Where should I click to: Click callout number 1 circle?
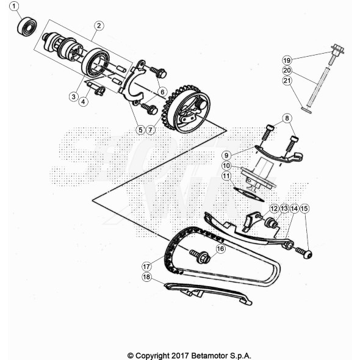pyautogui.click(x=14, y=7)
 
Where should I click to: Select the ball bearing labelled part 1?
pyautogui.click(x=27, y=27)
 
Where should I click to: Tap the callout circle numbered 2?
pyautogui.click(x=99, y=26)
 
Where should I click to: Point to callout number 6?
pyautogui.click(x=162, y=92)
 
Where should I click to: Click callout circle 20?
pyautogui.click(x=287, y=70)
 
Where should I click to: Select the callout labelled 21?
pyautogui.click(x=287, y=81)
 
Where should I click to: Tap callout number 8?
pyautogui.click(x=287, y=118)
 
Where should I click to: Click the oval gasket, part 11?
pyautogui.click(x=248, y=195)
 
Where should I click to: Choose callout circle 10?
pyautogui.click(x=226, y=165)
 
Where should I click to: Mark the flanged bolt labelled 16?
pyautogui.click(x=200, y=256)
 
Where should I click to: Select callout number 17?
pyautogui.click(x=146, y=267)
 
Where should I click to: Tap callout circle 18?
pyautogui.click(x=146, y=277)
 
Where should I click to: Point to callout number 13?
pyautogui.click(x=284, y=209)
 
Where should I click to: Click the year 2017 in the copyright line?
pyautogui.click(x=181, y=356)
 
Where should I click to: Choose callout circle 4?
pyautogui.click(x=84, y=101)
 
